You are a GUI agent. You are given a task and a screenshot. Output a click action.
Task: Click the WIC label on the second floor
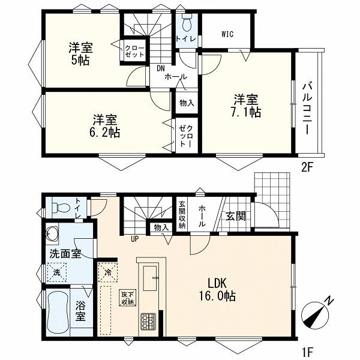(x=227, y=34)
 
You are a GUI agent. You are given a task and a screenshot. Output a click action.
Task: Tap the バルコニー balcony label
(x=307, y=109)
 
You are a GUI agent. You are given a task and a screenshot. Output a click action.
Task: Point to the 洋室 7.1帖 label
(x=246, y=106)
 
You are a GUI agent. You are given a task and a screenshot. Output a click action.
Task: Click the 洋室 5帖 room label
(x=80, y=53)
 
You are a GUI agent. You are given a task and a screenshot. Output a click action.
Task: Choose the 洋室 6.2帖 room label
(x=104, y=126)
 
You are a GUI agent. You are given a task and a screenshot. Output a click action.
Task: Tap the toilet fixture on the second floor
(x=187, y=23)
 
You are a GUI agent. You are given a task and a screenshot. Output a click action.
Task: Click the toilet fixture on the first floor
(x=61, y=208)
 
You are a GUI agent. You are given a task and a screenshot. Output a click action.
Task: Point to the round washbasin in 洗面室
(x=52, y=234)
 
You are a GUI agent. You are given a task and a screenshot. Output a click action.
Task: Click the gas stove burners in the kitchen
(x=148, y=322)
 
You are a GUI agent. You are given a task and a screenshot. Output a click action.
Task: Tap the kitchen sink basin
(x=150, y=278)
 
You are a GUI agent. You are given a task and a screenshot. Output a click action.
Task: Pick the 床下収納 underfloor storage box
(x=128, y=298)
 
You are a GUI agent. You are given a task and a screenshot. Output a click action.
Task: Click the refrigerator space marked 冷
(x=107, y=272)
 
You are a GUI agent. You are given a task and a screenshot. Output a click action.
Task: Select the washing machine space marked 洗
(x=56, y=272)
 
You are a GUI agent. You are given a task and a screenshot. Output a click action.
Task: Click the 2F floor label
(x=307, y=168)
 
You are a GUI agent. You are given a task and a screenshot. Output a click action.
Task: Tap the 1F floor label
(x=307, y=351)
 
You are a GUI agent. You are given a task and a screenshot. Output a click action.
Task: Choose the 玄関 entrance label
(x=236, y=216)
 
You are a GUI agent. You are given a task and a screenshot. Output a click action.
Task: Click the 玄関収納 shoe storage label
(x=182, y=215)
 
